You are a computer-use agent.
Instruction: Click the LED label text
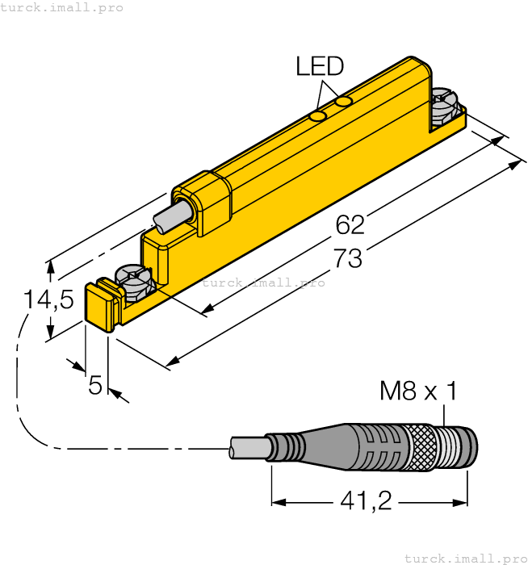tap(320, 66)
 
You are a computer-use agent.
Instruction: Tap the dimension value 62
tap(350, 225)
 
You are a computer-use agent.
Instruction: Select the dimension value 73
tap(348, 259)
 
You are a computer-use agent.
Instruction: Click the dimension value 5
tap(95, 386)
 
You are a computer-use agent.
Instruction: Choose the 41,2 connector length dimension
tap(365, 502)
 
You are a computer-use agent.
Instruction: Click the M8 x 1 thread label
tap(418, 392)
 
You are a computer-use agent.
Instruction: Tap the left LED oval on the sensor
tap(319, 117)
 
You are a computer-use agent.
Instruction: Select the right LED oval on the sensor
tap(345, 102)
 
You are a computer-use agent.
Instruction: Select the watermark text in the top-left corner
tap(62, 7)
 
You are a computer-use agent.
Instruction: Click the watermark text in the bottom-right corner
tap(465, 558)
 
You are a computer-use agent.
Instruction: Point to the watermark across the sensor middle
tap(264, 282)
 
